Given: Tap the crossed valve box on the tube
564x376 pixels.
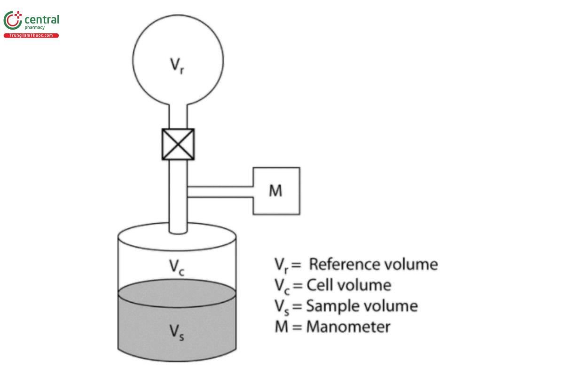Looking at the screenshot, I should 178,144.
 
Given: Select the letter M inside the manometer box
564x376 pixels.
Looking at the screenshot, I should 276,191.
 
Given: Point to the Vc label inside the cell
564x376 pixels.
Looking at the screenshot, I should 176,266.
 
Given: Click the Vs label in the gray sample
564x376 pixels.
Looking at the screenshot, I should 176,332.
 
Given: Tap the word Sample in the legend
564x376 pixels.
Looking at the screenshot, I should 332,306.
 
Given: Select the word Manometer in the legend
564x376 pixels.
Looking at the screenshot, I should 348,326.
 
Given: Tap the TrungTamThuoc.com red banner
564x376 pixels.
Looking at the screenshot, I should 31,36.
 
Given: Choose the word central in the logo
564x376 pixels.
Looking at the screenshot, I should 41,19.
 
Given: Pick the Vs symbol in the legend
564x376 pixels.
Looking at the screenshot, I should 281,306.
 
